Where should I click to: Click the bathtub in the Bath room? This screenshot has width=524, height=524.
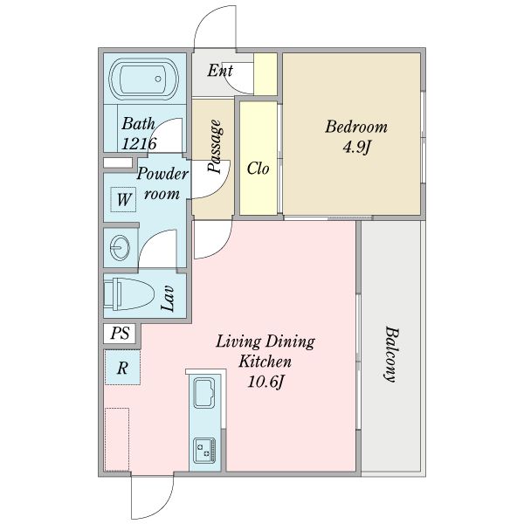(144, 79)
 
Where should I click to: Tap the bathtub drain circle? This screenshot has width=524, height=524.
(158, 79)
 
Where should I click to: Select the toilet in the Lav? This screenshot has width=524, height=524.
(128, 294)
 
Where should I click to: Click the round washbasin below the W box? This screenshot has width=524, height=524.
(120, 248)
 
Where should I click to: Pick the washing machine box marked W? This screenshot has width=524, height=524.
(123, 199)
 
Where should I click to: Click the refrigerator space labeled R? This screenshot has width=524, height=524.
(122, 368)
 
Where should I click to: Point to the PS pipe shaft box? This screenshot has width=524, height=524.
(120, 334)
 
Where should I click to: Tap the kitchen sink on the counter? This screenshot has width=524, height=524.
(204, 393)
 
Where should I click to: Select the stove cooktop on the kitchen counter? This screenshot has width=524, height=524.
(204, 450)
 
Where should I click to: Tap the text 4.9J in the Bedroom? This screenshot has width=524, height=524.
(357, 147)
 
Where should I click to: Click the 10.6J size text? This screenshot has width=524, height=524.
(265, 382)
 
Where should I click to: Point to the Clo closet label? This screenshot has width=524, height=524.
(258, 169)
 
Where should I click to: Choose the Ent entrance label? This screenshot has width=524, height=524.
(220, 71)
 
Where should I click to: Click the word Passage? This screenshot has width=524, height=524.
(215, 147)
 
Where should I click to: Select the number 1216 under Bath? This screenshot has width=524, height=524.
(139, 144)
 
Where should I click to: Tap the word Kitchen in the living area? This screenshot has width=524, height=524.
(265, 362)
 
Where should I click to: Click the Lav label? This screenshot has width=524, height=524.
(168, 299)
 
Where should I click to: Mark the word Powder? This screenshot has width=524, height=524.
(162, 174)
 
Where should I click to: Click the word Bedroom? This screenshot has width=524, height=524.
(356, 127)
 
